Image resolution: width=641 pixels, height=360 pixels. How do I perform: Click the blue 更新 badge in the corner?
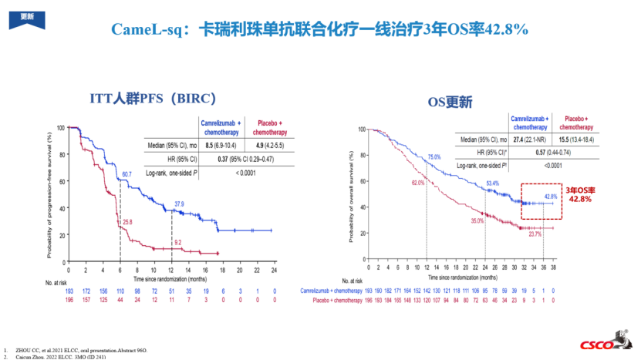[x=27, y=16]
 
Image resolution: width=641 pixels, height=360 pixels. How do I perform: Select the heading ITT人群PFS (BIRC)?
[x=151, y=99]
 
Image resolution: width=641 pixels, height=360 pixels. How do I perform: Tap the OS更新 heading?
[x=450, y=101]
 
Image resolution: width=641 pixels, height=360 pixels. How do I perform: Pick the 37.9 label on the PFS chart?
[x=179, y=204]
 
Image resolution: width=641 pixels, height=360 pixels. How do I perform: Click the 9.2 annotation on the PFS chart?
[x=178, y=243]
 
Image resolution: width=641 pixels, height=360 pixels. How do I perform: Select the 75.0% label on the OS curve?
[x=434, y=156]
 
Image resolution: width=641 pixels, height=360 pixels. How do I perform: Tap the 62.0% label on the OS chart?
[x=418, y=183]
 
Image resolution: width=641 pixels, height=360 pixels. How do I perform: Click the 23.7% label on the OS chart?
[x=535, y=234]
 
